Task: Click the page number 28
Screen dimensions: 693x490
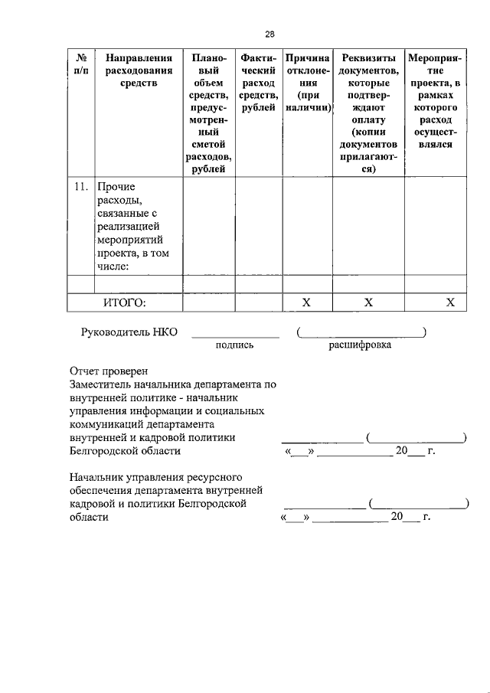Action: [269, 34]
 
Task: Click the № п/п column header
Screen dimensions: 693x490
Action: [80, 64]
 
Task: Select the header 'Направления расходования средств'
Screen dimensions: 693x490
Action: [139, 70]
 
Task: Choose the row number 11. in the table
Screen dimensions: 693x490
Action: [80, 186]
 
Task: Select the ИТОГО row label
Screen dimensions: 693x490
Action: [124, 302]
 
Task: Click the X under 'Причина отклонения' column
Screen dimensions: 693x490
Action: [306, 302]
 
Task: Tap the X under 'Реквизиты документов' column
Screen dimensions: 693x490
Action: [368, 302]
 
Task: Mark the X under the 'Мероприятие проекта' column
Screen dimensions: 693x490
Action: [450, 302]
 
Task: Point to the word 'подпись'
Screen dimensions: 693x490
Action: [235, 345]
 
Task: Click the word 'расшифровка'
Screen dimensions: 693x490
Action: [360, 345]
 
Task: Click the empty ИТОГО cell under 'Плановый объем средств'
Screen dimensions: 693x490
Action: [208, 302]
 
